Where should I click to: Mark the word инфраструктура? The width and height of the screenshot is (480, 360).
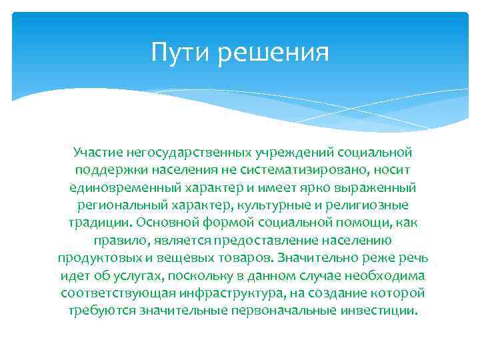tap(235, 292)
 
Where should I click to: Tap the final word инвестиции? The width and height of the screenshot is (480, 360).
tap(382, 309)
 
